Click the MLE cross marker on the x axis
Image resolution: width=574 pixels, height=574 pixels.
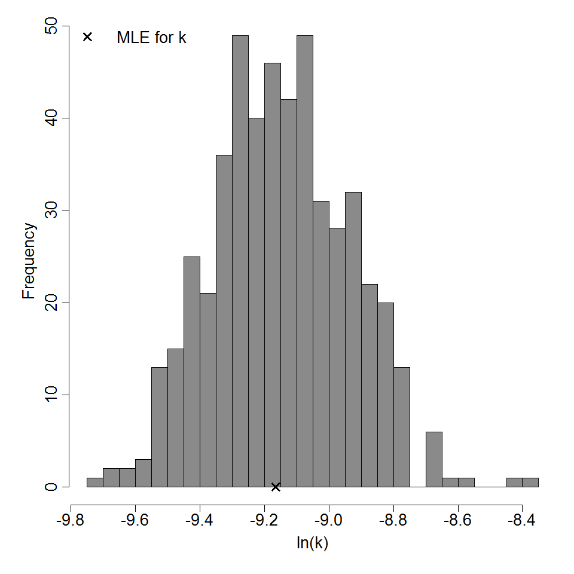(x=276, y=487)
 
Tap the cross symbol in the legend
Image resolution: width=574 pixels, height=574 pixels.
(x=87, y=36)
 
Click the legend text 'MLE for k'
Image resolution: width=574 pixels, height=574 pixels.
(x=151, y=37)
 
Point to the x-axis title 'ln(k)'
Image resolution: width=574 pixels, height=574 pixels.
(x=312, y=544)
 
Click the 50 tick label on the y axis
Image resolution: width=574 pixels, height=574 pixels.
(x=51, y=26)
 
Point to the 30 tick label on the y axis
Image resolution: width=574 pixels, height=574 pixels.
(x=51, y=210)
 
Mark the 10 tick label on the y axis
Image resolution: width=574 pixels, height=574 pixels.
(x=51, y=395)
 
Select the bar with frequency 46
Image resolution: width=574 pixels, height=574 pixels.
(x=273, y=275)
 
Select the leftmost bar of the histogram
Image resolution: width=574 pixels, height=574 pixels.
(x=95, y=483)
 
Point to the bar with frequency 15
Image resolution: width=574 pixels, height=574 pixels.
(x=176, y=418)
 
